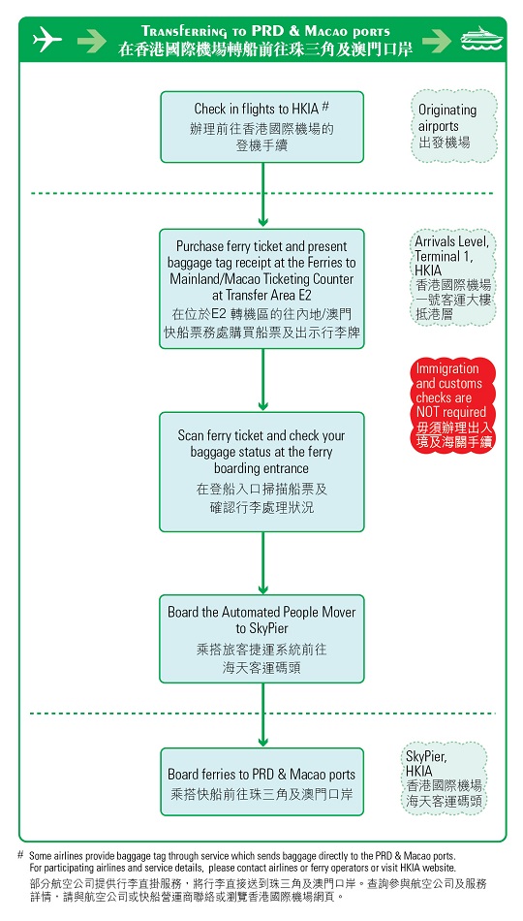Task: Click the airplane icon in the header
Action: tap(46, 40)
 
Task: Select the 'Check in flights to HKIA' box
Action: tap(262, 127)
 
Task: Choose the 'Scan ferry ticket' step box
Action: tap(262, 471)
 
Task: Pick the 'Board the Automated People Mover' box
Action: tap(262, 639)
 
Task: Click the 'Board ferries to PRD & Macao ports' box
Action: tap(262, 781)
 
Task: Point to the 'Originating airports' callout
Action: tap(453, 126)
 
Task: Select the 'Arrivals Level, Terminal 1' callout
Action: tap(453, 277)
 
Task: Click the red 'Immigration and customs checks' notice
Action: tap(453, 405)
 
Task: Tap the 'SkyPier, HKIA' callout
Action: tap(443, 778)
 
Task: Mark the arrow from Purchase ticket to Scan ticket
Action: tap(262, 378)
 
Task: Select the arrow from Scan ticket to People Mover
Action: tap(262, 562)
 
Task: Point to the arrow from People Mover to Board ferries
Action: tap(262, 715)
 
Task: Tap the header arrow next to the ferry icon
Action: tap(437, 40)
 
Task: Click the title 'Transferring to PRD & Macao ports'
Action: tap(265, 31)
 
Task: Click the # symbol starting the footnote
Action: tap(20, 855)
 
